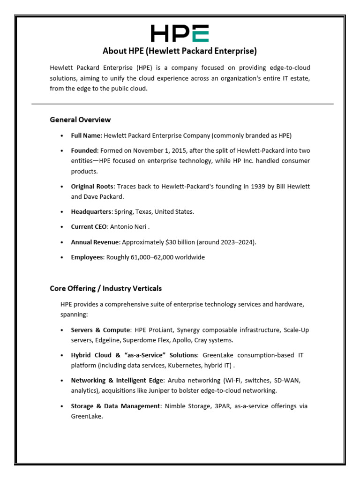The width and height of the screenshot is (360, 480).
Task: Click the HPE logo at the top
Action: (x=180, y=33)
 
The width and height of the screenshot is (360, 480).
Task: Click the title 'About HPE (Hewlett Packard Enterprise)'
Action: (x=180, y=51)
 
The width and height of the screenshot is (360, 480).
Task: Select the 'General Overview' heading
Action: (x=80, y=120)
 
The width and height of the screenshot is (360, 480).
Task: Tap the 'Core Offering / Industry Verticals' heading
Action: (x=105, y=288)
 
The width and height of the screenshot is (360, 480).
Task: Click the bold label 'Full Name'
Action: (x=85, y=135)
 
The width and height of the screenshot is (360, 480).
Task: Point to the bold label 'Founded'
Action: (x=84, y=150)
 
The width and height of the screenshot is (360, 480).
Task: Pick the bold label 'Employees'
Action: (x=87, y=257)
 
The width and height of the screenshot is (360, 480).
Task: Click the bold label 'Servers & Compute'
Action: (x=99, y=330)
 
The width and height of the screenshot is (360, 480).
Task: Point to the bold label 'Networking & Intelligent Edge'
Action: (x=116, y=380)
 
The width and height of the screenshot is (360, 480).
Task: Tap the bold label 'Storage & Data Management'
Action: (x=115, y=406)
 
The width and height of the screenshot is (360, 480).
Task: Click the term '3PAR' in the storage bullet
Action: (x=220, y=406)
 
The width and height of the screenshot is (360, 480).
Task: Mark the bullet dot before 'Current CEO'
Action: (x=62, y=227)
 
